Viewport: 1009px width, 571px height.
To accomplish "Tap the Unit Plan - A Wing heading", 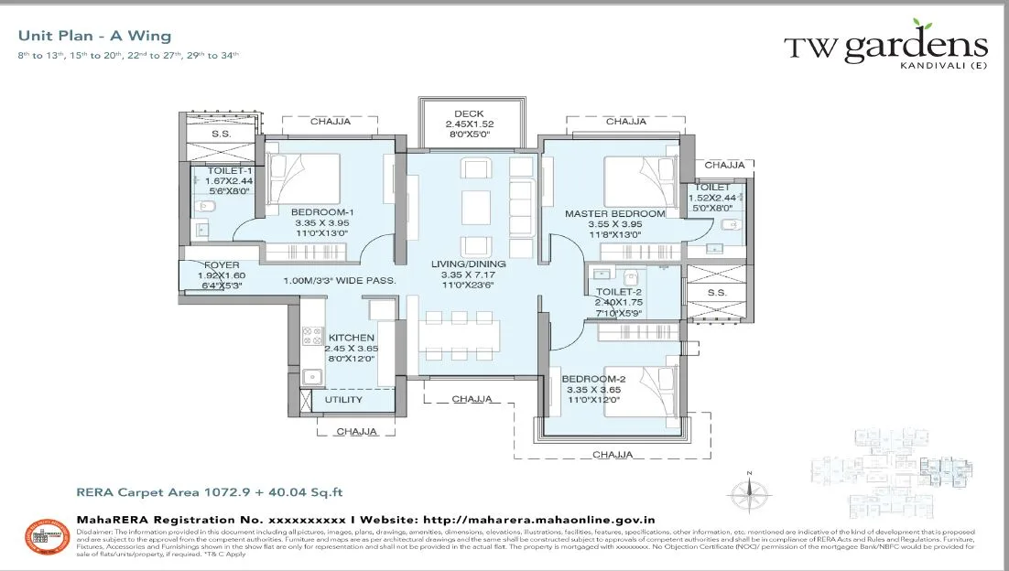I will [x=94, y=37].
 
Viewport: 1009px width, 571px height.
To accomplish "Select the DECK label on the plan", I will [x=470, y=113].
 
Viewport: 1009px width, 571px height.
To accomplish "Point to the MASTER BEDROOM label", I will [x=614, y=213].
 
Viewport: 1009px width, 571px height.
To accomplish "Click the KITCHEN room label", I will [x=351, y=338].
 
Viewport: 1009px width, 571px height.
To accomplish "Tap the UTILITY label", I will [x=343, y=400].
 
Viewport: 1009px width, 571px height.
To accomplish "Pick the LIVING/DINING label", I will [x=468, y=264].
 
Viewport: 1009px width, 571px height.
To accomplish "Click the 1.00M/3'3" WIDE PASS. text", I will [x=340, y=281].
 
